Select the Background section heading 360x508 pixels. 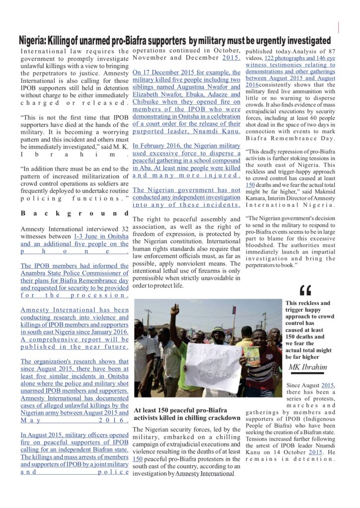[x=74, y=214]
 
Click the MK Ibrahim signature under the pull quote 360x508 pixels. [x=308, y=367]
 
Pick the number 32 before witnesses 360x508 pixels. [x=125, y=229]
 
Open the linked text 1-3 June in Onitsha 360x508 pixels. [x=101, y=237]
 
